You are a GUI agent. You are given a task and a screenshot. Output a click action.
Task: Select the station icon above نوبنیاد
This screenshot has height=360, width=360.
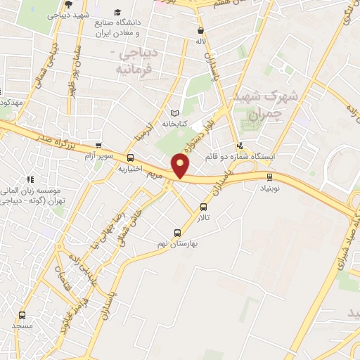pos(271,176)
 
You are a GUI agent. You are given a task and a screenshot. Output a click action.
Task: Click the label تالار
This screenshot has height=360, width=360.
pos(202,219)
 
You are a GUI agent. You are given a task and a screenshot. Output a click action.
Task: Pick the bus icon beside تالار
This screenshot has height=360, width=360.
pos(204,207)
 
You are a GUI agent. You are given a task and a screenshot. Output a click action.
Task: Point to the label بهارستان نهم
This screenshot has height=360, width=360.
pos(195,243)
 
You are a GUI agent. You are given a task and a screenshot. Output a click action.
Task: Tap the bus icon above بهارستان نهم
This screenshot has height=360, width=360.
pos(177,233)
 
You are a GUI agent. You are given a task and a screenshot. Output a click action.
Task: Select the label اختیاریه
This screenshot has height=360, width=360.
pos(131,169)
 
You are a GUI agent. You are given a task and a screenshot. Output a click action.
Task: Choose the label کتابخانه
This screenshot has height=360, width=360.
pos(176,124)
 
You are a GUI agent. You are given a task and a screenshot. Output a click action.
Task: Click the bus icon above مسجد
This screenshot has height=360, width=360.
pos(22,315)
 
